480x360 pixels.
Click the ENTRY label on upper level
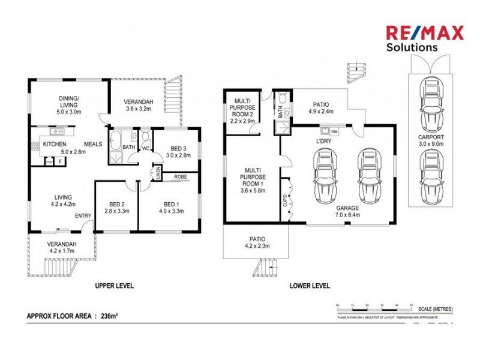click(x=82, y=216)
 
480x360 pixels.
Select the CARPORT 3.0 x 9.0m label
click(x=430, y=140)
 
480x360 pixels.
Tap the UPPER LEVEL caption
click(x=114, y=286)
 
